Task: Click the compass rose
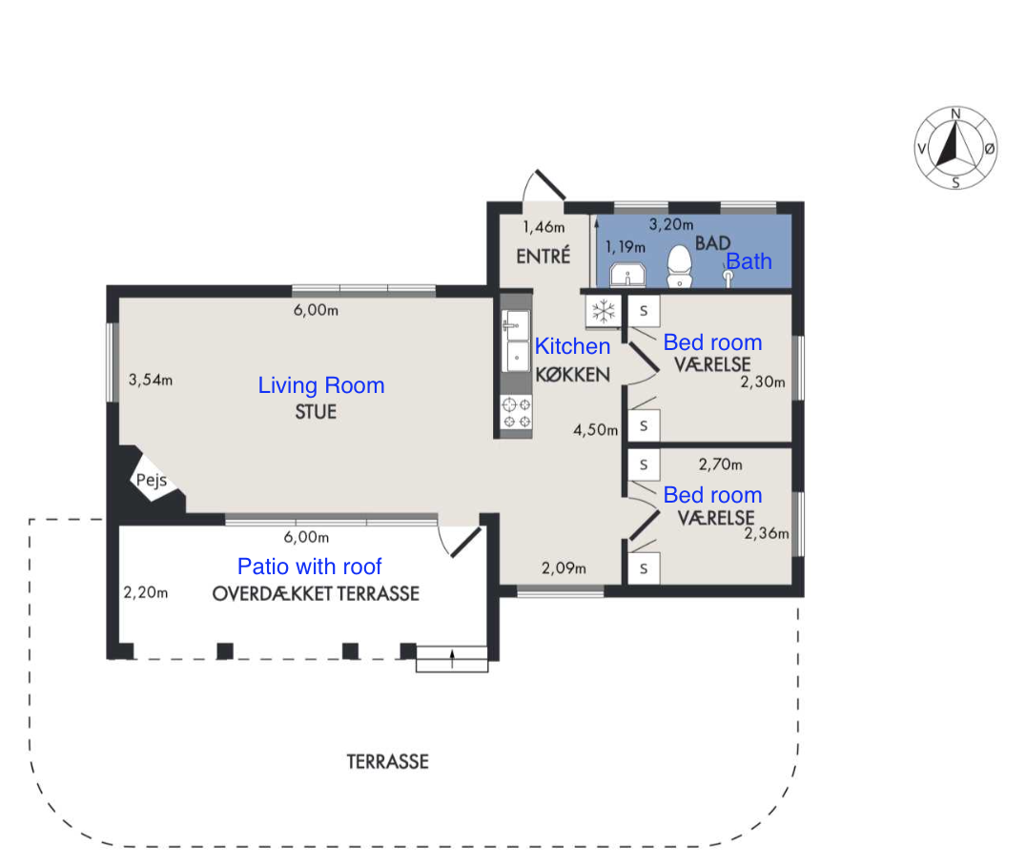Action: coord(955,148)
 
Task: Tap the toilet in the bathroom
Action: coord(679,266)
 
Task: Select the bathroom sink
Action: coord(627,275)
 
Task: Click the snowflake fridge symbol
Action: coord(604,311)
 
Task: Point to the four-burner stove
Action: coord(516,412)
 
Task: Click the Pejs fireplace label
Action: coord(152,481)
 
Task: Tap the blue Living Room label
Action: coord(320,385)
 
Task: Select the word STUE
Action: coord(316,412)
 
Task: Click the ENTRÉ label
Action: coord(544,256)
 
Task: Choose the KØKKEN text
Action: coord(572,375)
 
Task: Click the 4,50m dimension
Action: coord(595,430)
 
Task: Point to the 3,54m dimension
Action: coord(151,380)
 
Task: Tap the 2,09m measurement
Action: coord(564,568)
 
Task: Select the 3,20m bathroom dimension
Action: coord(671,224)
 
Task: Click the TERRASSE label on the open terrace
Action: coord(387,762)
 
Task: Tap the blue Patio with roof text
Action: coord(310,567)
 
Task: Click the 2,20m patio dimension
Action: coord(146,592)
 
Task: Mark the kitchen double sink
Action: coord(516,341)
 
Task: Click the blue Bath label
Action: coord(749,261)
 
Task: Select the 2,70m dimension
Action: coord(721,464)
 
